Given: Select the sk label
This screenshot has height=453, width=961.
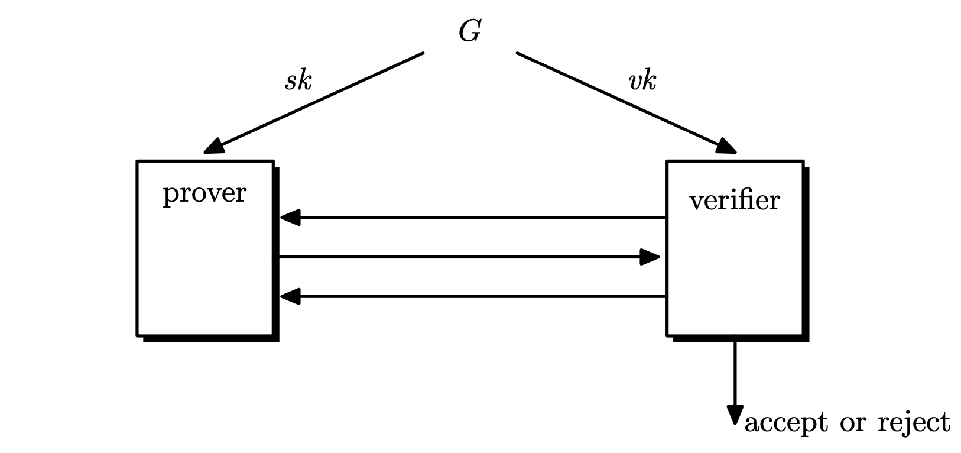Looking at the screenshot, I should pyautogui.click(x=298, y=80).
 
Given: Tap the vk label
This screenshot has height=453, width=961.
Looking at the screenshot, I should pyautogui.click(x=642, y=80).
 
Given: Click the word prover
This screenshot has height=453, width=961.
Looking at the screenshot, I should pyautogui.click(x=204, y=194).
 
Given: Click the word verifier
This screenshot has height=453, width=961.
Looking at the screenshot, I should pyautogui.click(x=735, y=201).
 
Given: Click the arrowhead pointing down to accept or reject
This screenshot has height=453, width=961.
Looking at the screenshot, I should pyautogui.click(x=735, y=414).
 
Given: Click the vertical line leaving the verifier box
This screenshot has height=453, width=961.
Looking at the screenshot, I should pyautogui.click(x=735, y=373).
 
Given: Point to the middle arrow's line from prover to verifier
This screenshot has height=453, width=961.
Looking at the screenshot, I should pyautogui.click(x=461, y=257).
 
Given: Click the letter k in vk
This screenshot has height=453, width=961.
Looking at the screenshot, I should pyautogui.click(x=649, y=80).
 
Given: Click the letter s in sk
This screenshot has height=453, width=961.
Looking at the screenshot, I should pyautogui.click(x=291, y=82).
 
